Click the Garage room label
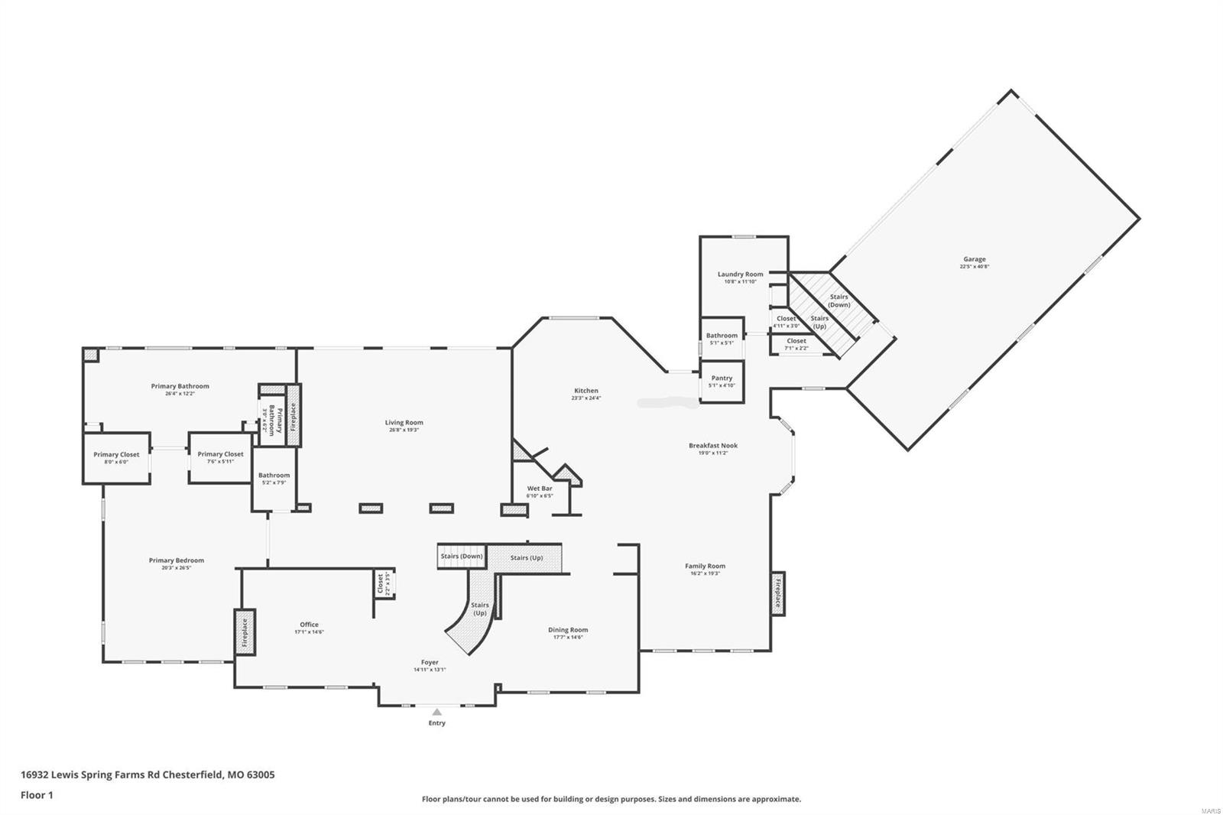point(974,259)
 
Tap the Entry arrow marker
point(436,712)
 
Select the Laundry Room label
point(740,274)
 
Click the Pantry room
point(722,381)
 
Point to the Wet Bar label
point(539,489)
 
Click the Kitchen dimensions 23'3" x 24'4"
point(586,398)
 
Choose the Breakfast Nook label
point(712,445)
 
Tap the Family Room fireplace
point(778,593)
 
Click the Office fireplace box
point(245,632)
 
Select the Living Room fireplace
point(294,416)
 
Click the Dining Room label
point(568,630)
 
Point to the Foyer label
point(430,662)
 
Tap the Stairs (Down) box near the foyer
point(462,556)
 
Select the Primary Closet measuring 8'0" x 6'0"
point(116,457)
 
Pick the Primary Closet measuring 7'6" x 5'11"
point(220,457)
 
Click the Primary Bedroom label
point(176,560)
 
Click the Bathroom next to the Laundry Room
point(722,338)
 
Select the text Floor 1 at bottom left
point(37,795)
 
